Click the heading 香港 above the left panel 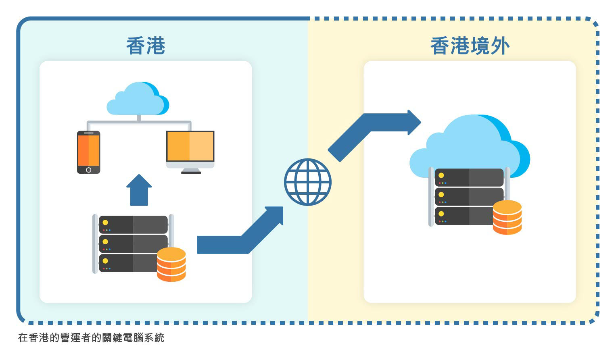click(x=146, y=46)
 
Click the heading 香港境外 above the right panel click(x=470, y=46)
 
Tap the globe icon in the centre click(x=308, y=182)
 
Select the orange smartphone click(x=89, y=152)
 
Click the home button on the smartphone click(x=89, y=170)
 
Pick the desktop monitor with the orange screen click(x=190, y=152)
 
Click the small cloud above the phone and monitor click(x=138, y=98)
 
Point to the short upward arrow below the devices click(x=139, y=190)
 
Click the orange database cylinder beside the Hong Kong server click(x=171, y=264)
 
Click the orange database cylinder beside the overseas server click(x=507, y=217)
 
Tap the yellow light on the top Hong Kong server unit click(x=105, y=222)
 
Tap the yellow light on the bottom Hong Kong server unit click(x=105, y=261)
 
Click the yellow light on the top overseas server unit click(x=441, y=175)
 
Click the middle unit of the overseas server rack click(x=469, y=197)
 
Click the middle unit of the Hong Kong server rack click(x=133, y=244)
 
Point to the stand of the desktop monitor click(x=191, y=171)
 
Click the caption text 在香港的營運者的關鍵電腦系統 click(x=91, y=338)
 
